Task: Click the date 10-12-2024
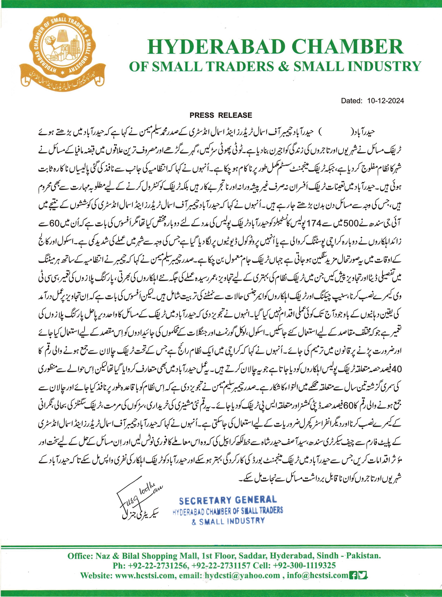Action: pos(385,101)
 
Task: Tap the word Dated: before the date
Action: pos(352,101)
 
